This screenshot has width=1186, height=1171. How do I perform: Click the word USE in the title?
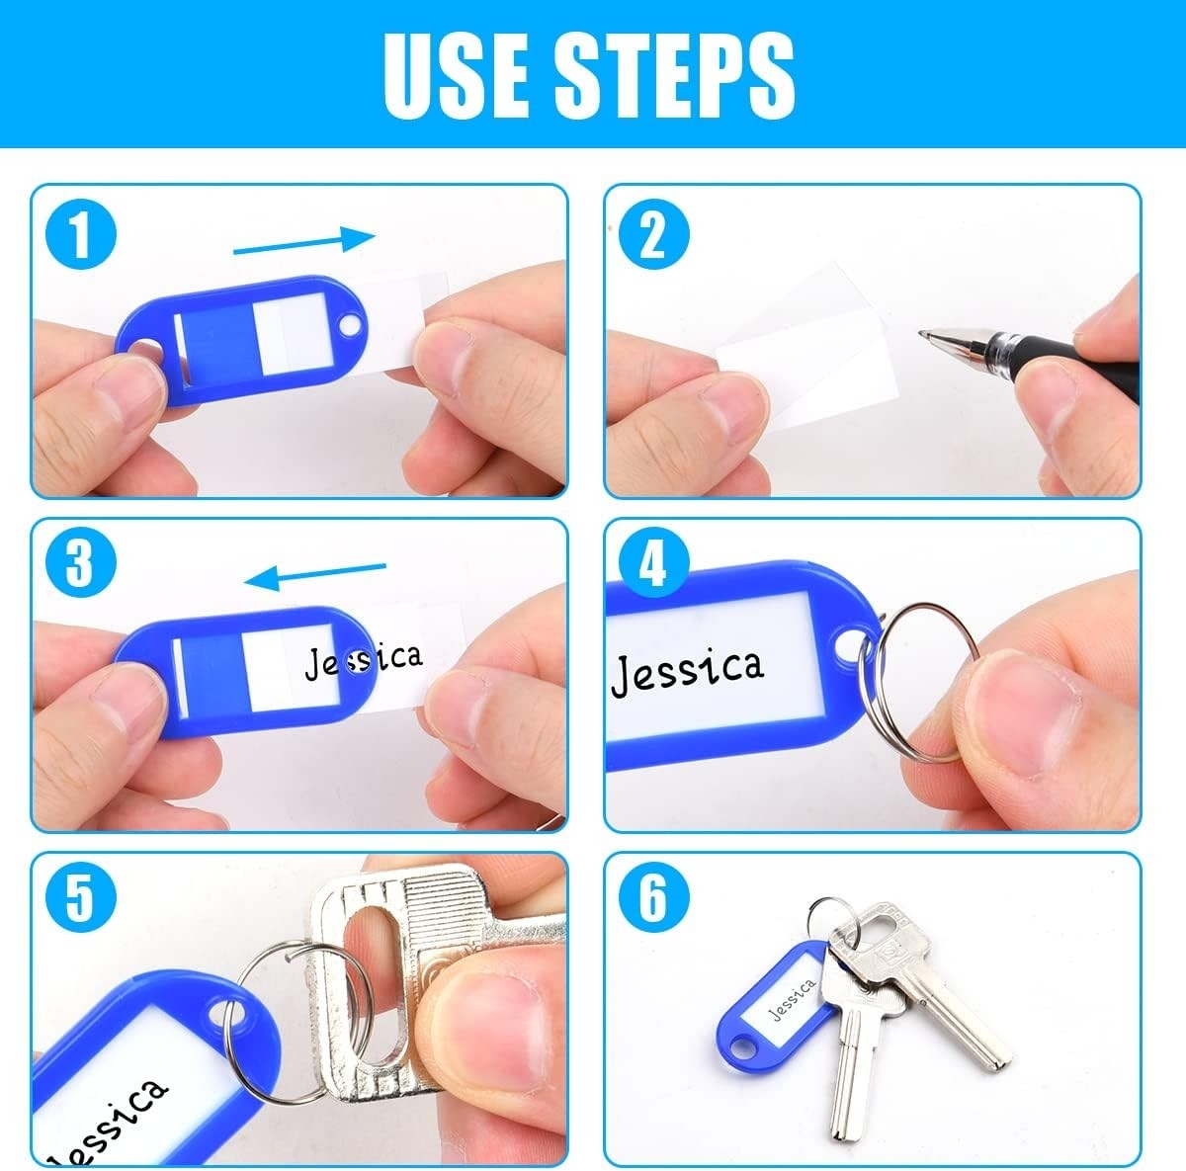point(456,74)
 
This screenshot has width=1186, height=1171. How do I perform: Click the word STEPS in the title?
point(675,74)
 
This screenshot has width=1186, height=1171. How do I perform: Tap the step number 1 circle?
point(81,234)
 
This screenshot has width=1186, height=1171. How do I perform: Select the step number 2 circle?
point(653,234)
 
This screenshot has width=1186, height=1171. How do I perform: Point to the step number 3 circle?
point(81,562)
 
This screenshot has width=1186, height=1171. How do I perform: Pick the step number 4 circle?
point(653,562)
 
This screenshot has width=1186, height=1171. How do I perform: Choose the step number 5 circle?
point(81,896)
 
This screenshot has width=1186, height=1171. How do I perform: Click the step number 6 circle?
point(653,896)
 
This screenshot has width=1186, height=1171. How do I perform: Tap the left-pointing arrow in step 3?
point(315,576)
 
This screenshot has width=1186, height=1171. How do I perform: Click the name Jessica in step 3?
point(365,661)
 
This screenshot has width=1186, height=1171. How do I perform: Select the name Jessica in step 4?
point(687,672)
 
